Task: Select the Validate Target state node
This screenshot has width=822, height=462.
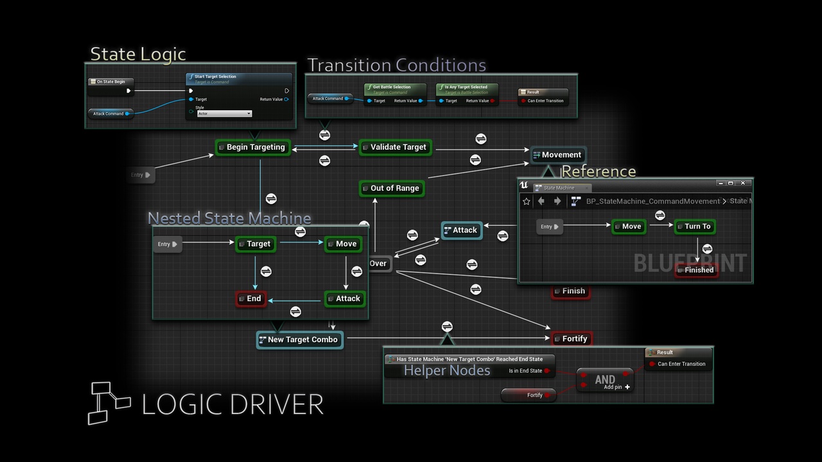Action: click(x=394, y=147)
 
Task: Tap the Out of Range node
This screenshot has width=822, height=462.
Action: click(x=391, y=188)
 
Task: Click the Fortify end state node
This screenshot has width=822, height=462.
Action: click(x=571, y=339)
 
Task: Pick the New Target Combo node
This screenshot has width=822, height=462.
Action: click(x=299, y=339)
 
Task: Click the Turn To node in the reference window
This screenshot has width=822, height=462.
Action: click(x=694, y=227)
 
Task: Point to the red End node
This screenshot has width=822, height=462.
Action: click(x=250, y=298)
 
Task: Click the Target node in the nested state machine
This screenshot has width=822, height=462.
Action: click(x=255, y=244)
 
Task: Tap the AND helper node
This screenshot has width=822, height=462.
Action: click(x=604, y=380)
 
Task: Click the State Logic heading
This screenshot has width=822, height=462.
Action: click(x=137, y=54)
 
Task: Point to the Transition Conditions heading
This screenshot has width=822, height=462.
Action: click(x=396, y=65)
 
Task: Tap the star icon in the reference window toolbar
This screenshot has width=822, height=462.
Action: click(x=527, y=201)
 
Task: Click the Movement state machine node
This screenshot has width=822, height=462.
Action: click(x=557, y=155)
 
